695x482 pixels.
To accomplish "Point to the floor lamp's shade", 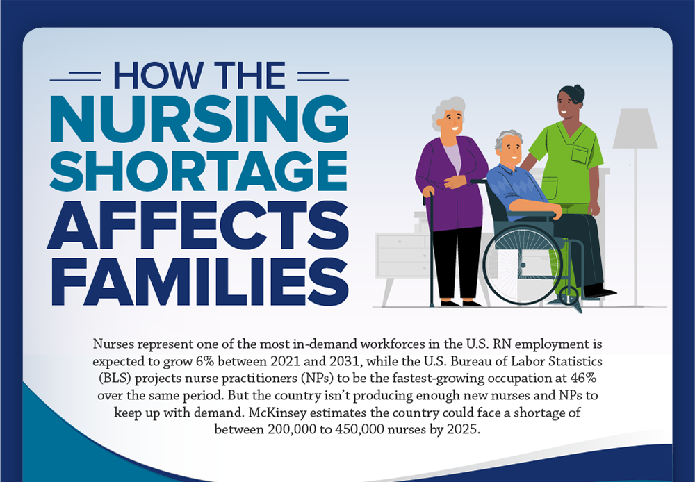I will point(635,128).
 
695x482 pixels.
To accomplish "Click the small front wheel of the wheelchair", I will point(571,299).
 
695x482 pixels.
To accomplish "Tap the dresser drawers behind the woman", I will point(400,254).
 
